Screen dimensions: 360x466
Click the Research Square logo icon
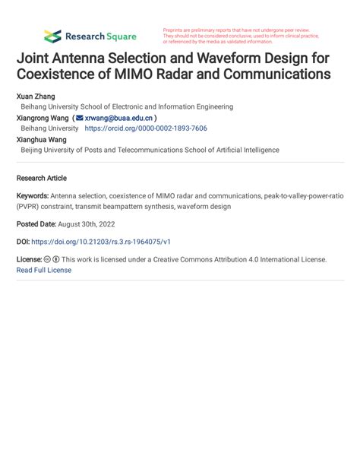coord(52,36)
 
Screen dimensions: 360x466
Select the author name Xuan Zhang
coord(36,97)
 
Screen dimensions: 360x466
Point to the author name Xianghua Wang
coord(42,140)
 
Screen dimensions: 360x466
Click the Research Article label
coord(42,178)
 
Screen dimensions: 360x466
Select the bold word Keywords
coord(33,195)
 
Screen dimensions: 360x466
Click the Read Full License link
coord(44,270)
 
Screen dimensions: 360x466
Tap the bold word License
coord(30,259)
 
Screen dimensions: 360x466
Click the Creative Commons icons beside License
coord(52,259)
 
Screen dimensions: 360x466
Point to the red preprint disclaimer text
coord(241,36)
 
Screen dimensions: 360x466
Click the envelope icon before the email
coord(80,119)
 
